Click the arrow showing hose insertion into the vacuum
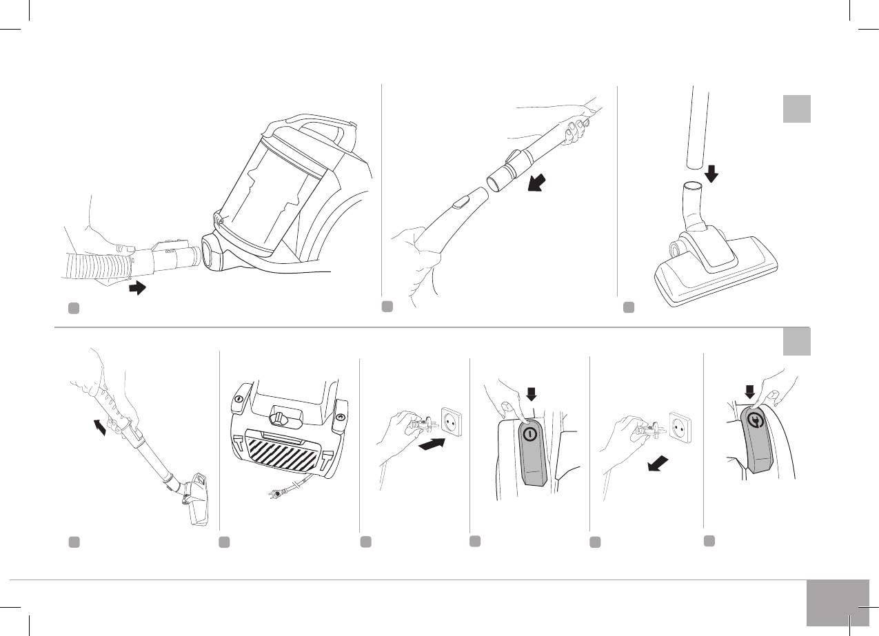point(138,288)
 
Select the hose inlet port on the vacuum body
point(212,253)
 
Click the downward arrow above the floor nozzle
point(711,172)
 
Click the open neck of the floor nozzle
point(690,186)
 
